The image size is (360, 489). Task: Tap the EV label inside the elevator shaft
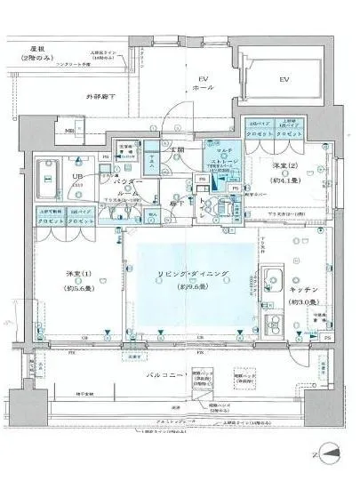pyautogui.click(x=284, y=80)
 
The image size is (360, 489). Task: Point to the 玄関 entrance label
pyautogui.click(x=177, y=148)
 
